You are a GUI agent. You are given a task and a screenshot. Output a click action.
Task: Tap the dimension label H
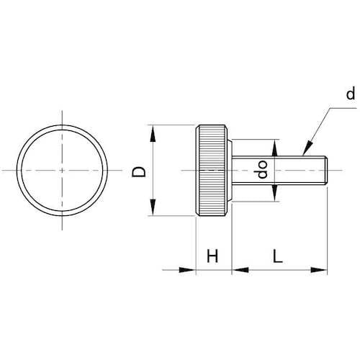(212, 256)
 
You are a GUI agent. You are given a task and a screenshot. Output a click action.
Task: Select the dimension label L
(278, 256)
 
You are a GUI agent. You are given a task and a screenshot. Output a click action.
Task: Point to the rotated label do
(262, 169)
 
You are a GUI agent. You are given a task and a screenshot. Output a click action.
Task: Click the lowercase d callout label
(351, 94)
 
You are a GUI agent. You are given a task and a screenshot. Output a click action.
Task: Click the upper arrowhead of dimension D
(153, 134)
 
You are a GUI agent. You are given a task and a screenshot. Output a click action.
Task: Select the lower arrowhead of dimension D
(153, 207)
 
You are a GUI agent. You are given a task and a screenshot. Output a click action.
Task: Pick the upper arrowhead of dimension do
(275, 148)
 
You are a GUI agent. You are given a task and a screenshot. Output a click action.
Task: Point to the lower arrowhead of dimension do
(275, 193)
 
